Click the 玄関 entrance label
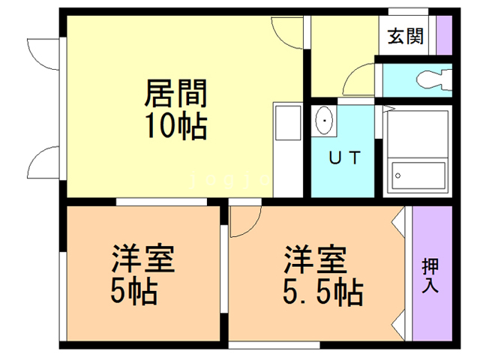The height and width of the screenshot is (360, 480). [406, 36]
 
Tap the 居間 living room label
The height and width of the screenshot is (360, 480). [175, 94]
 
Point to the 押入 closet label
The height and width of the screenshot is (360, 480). [430, 275]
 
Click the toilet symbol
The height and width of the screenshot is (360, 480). [433, 79]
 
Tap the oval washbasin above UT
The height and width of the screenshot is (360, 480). [324, 120]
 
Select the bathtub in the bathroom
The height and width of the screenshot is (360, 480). [417, 176]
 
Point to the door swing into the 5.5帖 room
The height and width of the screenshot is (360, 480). [244, 219]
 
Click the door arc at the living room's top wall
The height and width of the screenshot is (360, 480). [286, 30]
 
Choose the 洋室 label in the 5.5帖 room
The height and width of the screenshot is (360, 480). [314, 259]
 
